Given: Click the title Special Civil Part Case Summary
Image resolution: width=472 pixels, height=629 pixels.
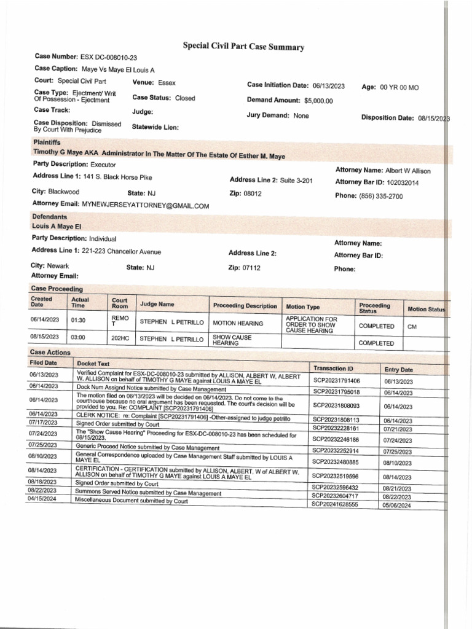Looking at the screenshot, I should [235, 47].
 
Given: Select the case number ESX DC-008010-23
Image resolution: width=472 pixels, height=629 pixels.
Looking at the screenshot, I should [104, 57].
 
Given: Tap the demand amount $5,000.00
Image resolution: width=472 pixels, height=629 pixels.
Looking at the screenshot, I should [318, 101].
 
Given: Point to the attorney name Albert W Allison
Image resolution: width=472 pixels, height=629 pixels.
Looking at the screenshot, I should [407, 171].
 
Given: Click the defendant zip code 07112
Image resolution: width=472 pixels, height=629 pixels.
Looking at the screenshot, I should [252, 268].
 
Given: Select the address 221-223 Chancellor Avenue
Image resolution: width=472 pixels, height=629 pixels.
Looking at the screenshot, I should [122, 251].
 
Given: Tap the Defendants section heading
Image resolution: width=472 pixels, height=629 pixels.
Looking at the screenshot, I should [50, 217].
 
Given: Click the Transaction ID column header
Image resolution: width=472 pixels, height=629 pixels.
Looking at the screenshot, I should [333, 369].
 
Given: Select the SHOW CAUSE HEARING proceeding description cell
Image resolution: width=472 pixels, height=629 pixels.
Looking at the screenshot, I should [232, 340].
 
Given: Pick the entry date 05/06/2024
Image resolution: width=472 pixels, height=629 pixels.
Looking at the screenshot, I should [398, 505].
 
